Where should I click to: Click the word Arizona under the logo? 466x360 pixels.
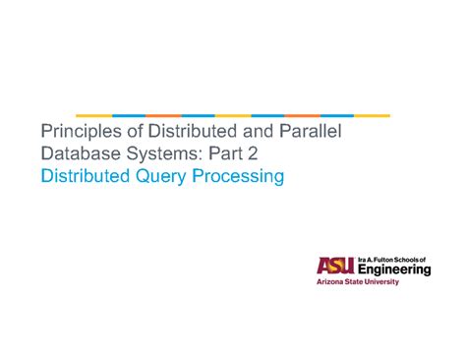point(331,282)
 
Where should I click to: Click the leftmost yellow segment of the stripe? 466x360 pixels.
point(94,115)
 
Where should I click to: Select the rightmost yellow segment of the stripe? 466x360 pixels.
point(373,115)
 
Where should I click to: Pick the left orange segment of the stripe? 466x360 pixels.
point(163,115)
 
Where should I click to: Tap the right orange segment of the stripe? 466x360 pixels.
point(303,115)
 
